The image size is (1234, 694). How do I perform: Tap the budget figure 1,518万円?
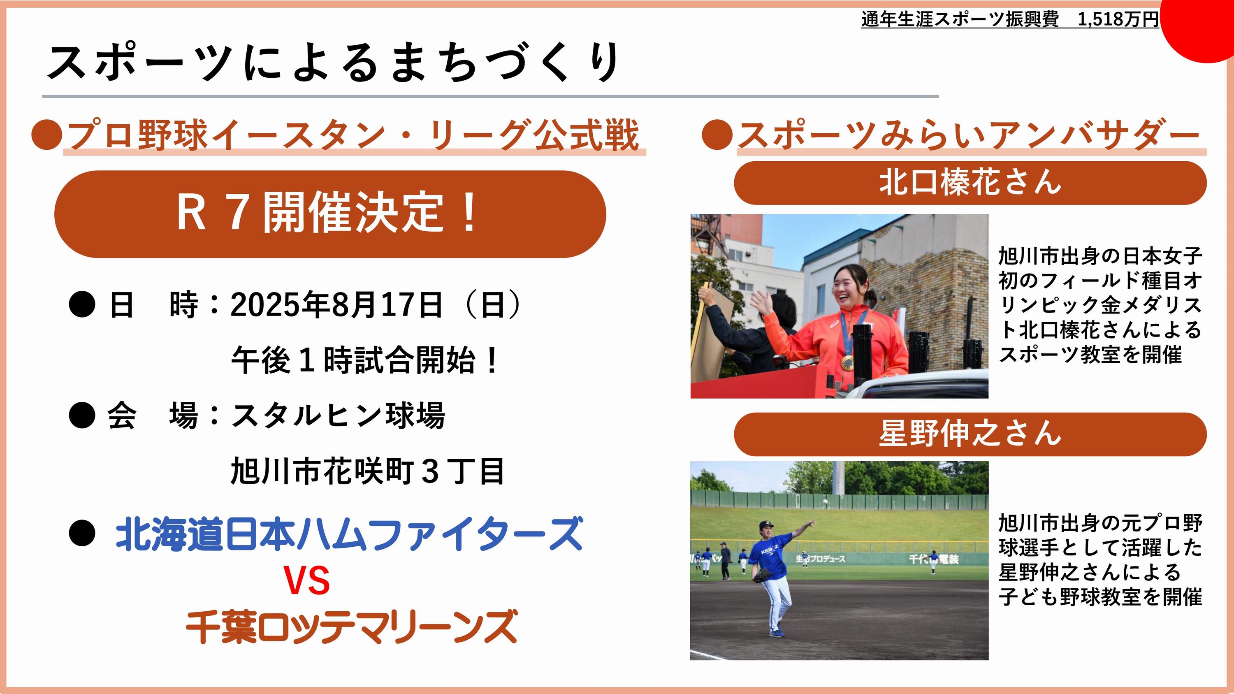(1118, 19)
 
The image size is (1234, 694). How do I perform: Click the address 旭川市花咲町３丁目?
(367, 471)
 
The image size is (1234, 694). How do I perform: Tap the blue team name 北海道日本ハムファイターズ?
(349, 534)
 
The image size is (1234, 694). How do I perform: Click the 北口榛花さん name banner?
(970, 183)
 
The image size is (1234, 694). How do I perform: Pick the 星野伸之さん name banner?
(970, 434)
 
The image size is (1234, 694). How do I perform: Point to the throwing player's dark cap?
(766, 525)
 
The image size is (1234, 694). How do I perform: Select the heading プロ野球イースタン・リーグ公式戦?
(353, 135)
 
